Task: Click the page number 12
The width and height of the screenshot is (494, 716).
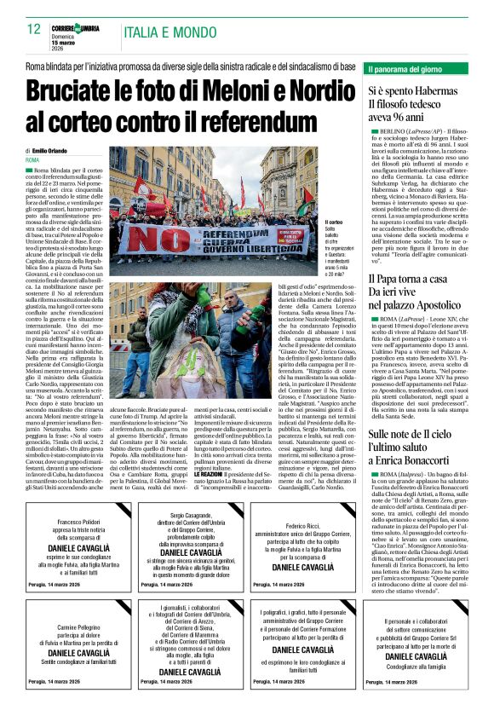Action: [x=33, y=29]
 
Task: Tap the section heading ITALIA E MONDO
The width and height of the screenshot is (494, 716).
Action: [x=164, y=33]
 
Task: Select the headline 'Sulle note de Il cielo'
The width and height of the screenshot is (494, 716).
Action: [x=411, y=434]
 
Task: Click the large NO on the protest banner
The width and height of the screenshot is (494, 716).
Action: [x=144, y=240]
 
